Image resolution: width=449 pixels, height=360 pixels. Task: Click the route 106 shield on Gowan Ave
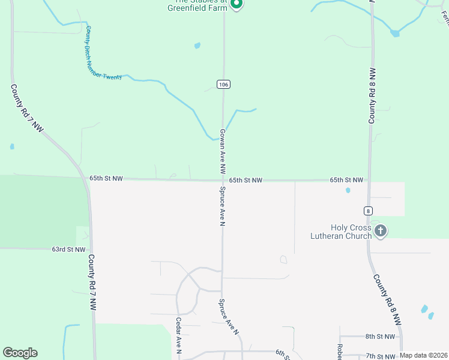pos(223,85)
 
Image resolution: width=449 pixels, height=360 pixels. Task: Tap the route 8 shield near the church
pos(368,211)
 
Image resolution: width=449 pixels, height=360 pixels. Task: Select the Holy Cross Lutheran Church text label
pos(351,232)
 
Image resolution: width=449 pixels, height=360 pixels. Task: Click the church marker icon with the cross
pos(379,230)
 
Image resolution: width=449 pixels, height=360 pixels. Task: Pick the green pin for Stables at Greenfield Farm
pos(237,4)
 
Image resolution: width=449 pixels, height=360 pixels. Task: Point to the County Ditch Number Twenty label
pos(103,54)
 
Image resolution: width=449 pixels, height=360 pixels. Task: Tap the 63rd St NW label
pos(68,249)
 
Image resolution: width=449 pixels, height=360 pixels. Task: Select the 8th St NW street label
pos(381,337)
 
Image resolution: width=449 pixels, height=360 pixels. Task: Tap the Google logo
pos(20,353)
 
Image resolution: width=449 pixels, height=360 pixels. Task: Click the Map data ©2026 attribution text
pos(424,355)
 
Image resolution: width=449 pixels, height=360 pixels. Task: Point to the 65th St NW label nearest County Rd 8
pos(346,180)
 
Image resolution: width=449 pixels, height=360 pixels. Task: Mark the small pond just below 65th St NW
pos(348,191)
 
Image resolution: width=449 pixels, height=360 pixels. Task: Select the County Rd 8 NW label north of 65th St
pos(372,96)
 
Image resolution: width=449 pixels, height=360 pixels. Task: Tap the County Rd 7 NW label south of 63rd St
pos(92,282)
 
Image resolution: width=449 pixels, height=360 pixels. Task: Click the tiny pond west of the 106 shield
pos(197,45)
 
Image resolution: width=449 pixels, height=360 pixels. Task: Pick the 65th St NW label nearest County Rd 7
pos(106,179)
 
